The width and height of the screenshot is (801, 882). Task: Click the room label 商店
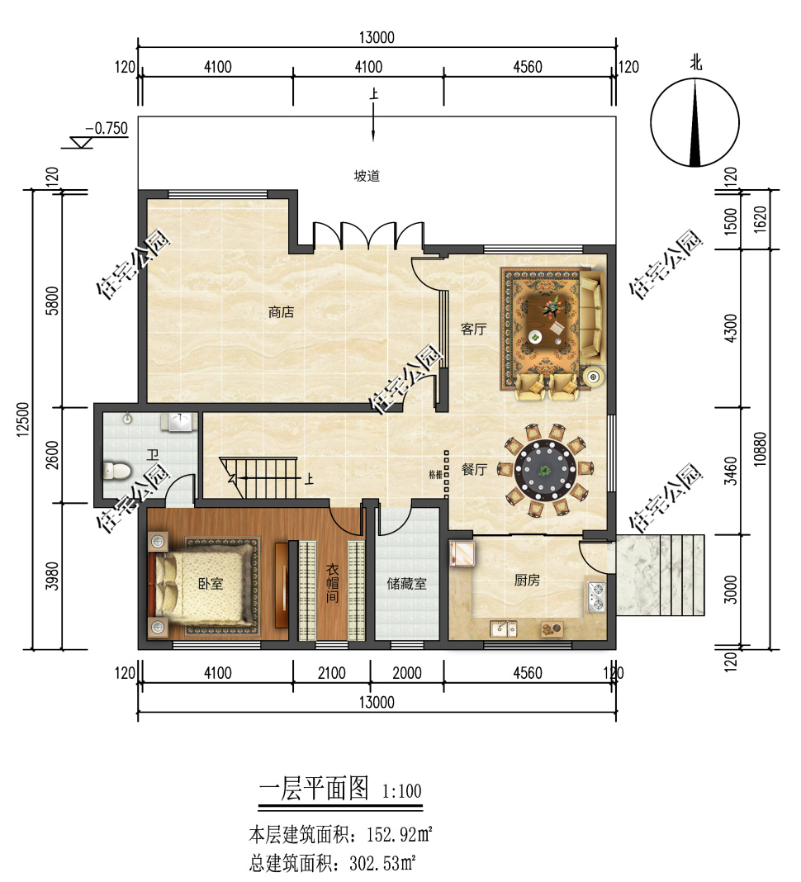tap(282, 311)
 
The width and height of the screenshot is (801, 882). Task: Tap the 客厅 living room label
tap(473, 329)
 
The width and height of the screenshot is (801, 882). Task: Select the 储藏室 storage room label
tap(406, 584)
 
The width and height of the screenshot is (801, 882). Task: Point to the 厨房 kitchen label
tap(527, 580)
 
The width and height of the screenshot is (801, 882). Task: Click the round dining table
tap(545, 470)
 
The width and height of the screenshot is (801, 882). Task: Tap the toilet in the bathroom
tap(117, 471)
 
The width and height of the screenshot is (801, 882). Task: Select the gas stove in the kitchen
tap(596, 597)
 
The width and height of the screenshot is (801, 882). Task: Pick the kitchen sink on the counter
tap(504, 628)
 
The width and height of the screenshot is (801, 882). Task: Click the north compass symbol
tap(695, 122)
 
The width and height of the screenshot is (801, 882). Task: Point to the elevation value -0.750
tap(107, 128)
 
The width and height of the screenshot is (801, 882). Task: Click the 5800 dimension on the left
tap(52, 301)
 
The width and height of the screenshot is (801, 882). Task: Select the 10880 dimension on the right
tap(760, 449)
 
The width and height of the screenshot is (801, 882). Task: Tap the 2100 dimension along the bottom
tap(332, 673)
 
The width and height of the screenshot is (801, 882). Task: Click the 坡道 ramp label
tap(367, 176)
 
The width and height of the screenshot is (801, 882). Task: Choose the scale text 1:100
tap(401, 791)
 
